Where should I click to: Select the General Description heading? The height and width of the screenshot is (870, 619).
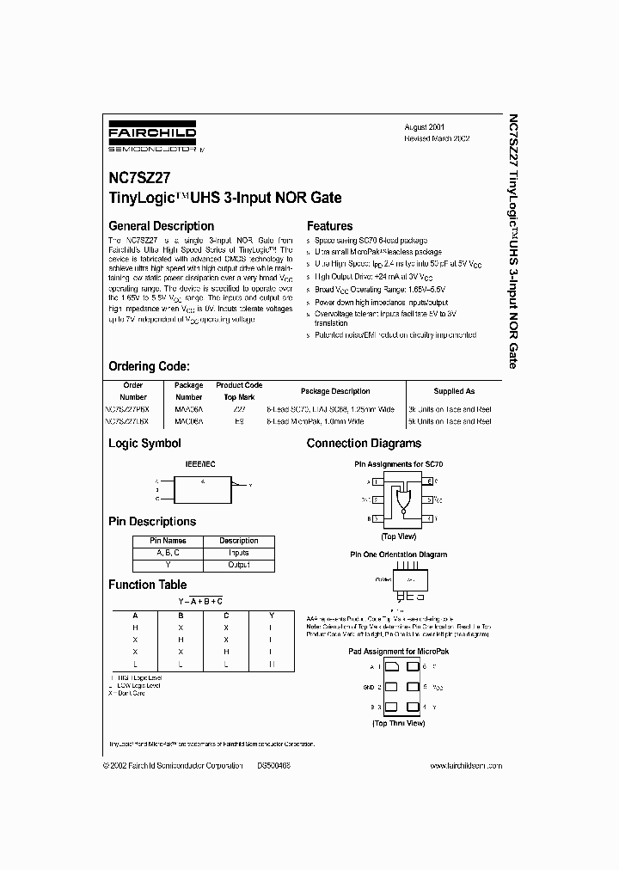[x=161, y=226]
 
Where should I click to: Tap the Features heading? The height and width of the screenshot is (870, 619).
[x=329, y=226]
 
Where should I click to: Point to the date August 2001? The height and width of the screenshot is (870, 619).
[x=425, y=126]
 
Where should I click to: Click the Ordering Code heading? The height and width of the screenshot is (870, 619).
[x=155, y=365]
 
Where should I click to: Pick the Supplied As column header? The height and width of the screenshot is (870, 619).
[x=454, y=391]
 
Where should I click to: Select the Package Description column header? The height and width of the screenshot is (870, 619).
[x=335, y=391]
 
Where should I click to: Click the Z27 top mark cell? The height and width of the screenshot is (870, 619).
[x=238, y=410]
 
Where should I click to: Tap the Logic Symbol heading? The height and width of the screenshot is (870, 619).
[x=144, y=444]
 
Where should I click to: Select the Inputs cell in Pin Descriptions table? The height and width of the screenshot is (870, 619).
[x=238, y=553]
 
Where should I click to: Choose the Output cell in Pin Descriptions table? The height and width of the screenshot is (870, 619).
[x=238, y=565]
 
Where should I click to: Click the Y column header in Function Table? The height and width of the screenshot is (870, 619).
[x=271, y=615]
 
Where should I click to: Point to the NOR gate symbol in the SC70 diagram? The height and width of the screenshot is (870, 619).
[x=401, y=499]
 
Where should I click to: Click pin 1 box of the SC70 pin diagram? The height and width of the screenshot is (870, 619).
[x=375, y=481]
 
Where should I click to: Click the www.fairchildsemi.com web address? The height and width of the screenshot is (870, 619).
[x=465, y=766]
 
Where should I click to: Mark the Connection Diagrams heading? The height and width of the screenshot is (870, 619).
[x=364, y=444]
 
